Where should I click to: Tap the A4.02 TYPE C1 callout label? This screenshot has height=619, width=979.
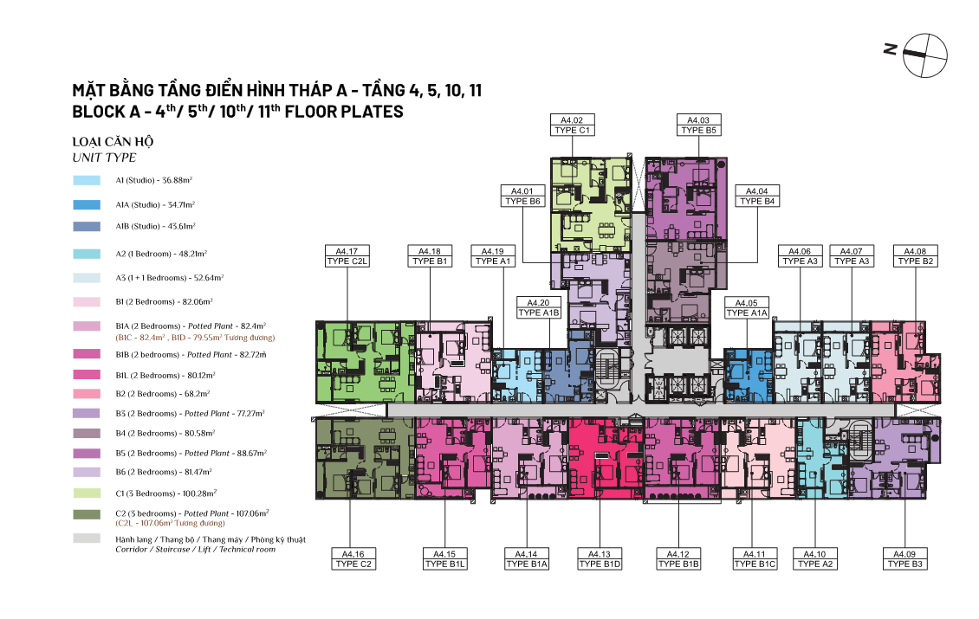pos(572,125)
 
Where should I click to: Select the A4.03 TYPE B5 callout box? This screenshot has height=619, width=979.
pos(698,125)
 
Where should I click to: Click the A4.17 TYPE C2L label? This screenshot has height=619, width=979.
pos(347,256)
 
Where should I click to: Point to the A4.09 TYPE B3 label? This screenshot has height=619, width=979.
pos(904,559)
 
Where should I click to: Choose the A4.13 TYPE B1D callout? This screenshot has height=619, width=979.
pos(600,559)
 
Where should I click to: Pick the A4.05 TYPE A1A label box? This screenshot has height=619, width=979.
pos(747,307)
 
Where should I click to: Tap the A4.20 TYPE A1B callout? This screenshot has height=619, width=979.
pos(539,307)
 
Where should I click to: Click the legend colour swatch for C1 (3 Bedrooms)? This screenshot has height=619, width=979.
pos(87,493)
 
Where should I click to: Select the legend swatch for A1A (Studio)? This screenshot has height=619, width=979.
pos(87,204)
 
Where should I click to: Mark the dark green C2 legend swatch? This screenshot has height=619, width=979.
pos(87,515)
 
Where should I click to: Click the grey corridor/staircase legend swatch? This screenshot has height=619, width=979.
pos(87,538)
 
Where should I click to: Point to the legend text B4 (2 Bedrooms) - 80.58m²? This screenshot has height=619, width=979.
pos(165,433)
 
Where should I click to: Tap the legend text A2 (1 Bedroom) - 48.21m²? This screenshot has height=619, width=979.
pos(161,254)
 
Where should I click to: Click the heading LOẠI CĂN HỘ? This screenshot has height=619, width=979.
pos(113,142)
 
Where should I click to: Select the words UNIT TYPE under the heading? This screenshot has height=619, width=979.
pos(104,158)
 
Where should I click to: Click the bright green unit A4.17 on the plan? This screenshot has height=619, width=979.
pos(366,362)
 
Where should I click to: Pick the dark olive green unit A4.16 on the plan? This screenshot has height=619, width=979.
pos(366,459)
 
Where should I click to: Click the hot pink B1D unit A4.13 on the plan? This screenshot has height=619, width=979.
pos(606,459)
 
